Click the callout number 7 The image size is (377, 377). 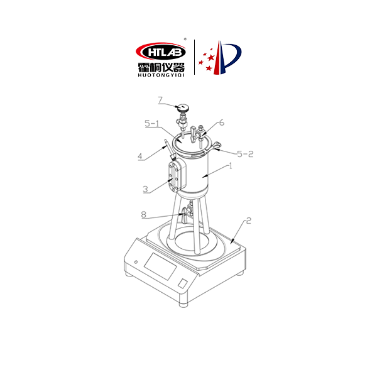[x=160, y=100]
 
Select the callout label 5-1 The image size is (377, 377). [x=151, y=123]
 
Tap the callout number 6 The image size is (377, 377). [x=222, y=123]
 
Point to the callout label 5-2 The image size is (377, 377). [x=245, y=154]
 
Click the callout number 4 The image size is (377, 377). [x=140, y=156]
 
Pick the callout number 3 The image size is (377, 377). [x=146, y=189]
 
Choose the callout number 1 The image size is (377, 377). [x=231, y=166]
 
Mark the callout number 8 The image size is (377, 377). [x=143, y=214]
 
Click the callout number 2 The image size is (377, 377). [x=249, y=221]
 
